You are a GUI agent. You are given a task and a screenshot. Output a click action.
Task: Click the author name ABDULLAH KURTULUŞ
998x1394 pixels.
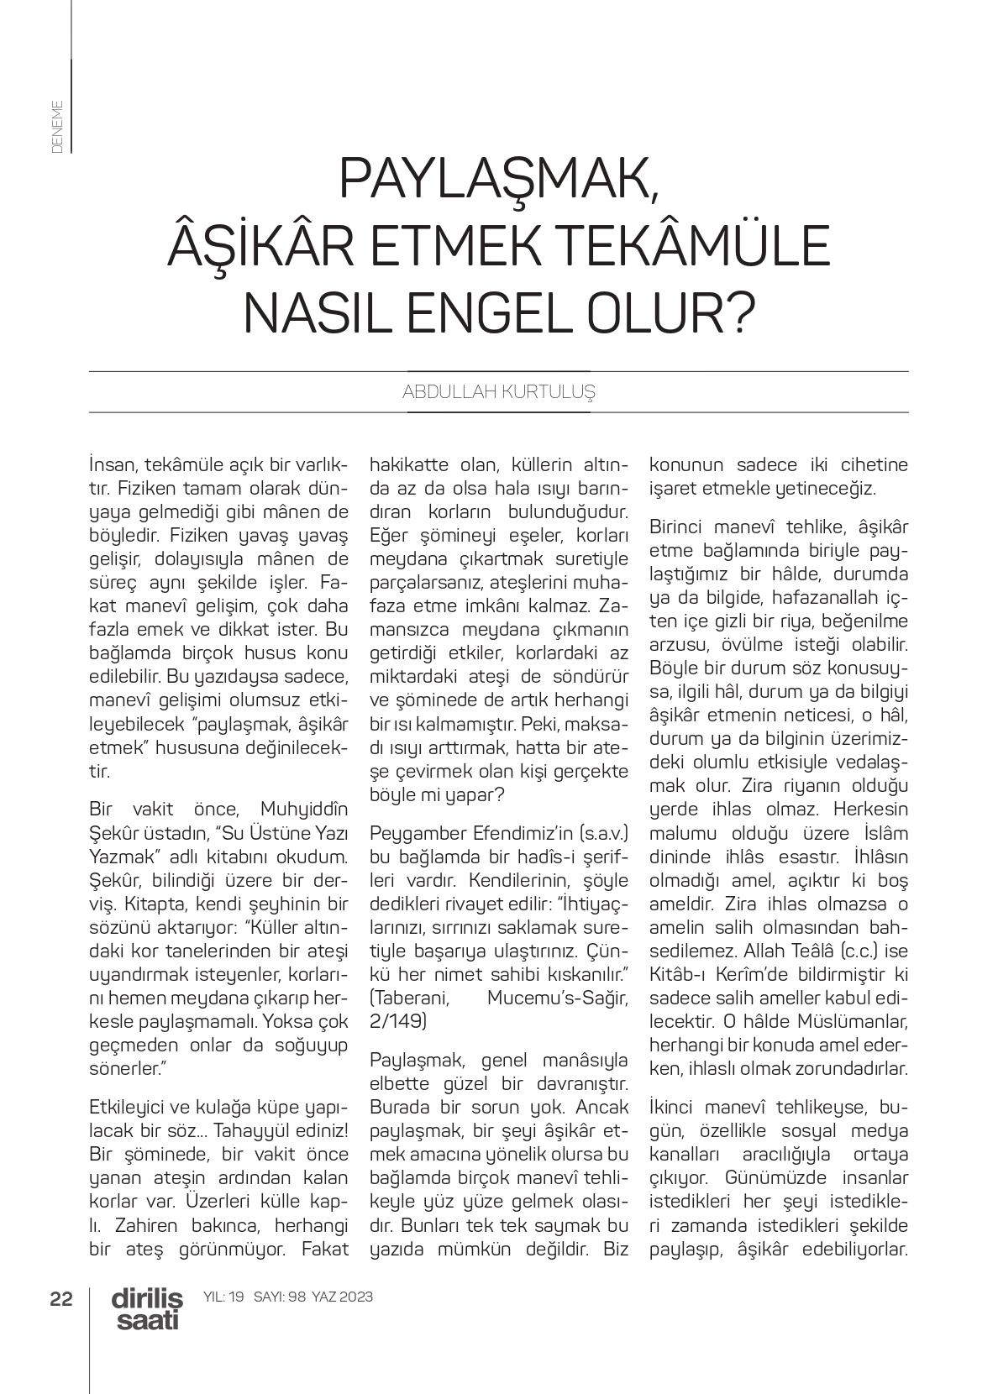tap(498, 392)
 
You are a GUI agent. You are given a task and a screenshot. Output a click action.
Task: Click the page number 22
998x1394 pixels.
tap(61, 1298)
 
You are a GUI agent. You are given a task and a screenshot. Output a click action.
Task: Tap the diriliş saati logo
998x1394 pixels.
tap(146, 1309)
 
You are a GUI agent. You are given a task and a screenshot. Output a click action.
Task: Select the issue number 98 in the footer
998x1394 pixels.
tap(295, 1297)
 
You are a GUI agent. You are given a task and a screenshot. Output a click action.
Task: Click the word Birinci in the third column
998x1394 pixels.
tap(680, 528)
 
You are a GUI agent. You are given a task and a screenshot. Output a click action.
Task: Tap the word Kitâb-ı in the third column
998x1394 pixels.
tap(680, 975)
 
